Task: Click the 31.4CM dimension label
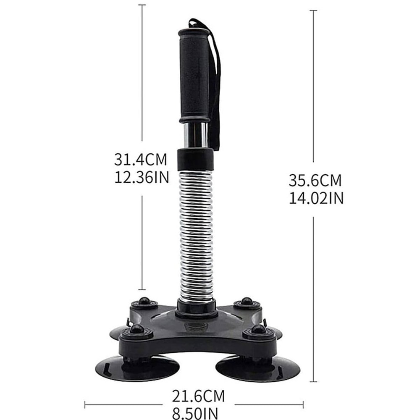click(x=140, y=160)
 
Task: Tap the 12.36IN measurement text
click(x=141, y=177)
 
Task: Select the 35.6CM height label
click(x=315, y=181)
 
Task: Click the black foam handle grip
click(x=194, y=76)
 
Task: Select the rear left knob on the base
click(x=144, y=302)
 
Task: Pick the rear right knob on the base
click(x=247, y=302)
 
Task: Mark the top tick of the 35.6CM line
click(x=313, y=10)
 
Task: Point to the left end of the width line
click(x=85, y=405)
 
